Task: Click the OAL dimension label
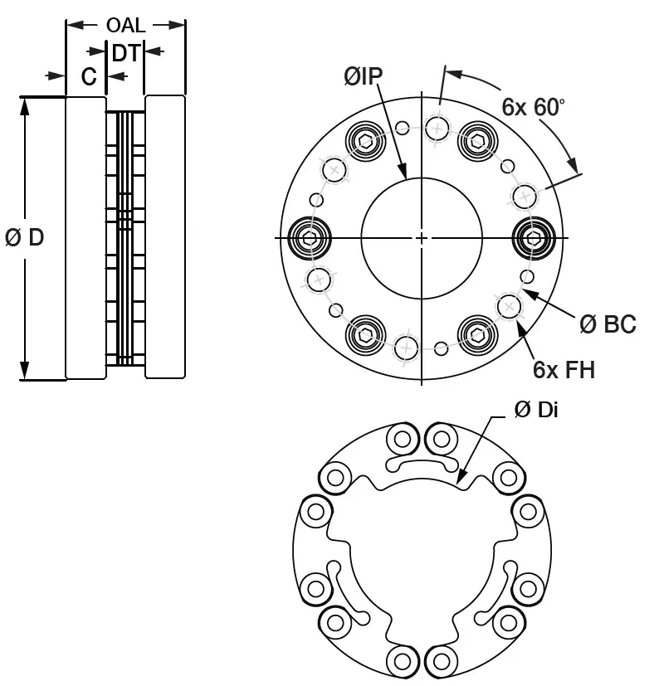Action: point(125,25)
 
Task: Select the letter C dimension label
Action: point(89,77)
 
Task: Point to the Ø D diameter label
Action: point(25,238)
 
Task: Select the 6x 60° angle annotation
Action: point(533,106)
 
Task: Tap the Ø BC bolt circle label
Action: point(608,324)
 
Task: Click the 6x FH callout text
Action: point(564,369)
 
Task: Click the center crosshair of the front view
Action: point(422,238)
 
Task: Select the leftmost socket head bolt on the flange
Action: point(310,238)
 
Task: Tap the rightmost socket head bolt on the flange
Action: point(534,238)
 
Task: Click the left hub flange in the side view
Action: point(85,238)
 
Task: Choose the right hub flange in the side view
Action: point(165,238)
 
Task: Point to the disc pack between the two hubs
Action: point(124,238)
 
